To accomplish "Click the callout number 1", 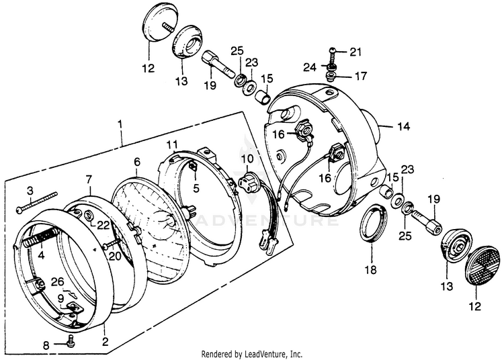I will click(x=120, y=124).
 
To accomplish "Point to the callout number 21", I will click(x=355, y=52).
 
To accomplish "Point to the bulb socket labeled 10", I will click(x=251, y=181).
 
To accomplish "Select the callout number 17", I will click(x=361, y=76).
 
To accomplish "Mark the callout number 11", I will click(x=173, y=144).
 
